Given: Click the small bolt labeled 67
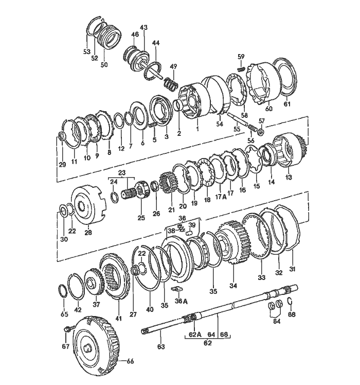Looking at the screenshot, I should coord(67,328).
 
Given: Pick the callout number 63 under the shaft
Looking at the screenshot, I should coord(161,347).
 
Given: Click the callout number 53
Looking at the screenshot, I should coord(86,51).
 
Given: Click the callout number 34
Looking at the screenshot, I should coord(233,285).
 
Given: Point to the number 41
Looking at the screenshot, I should coord(119,318).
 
